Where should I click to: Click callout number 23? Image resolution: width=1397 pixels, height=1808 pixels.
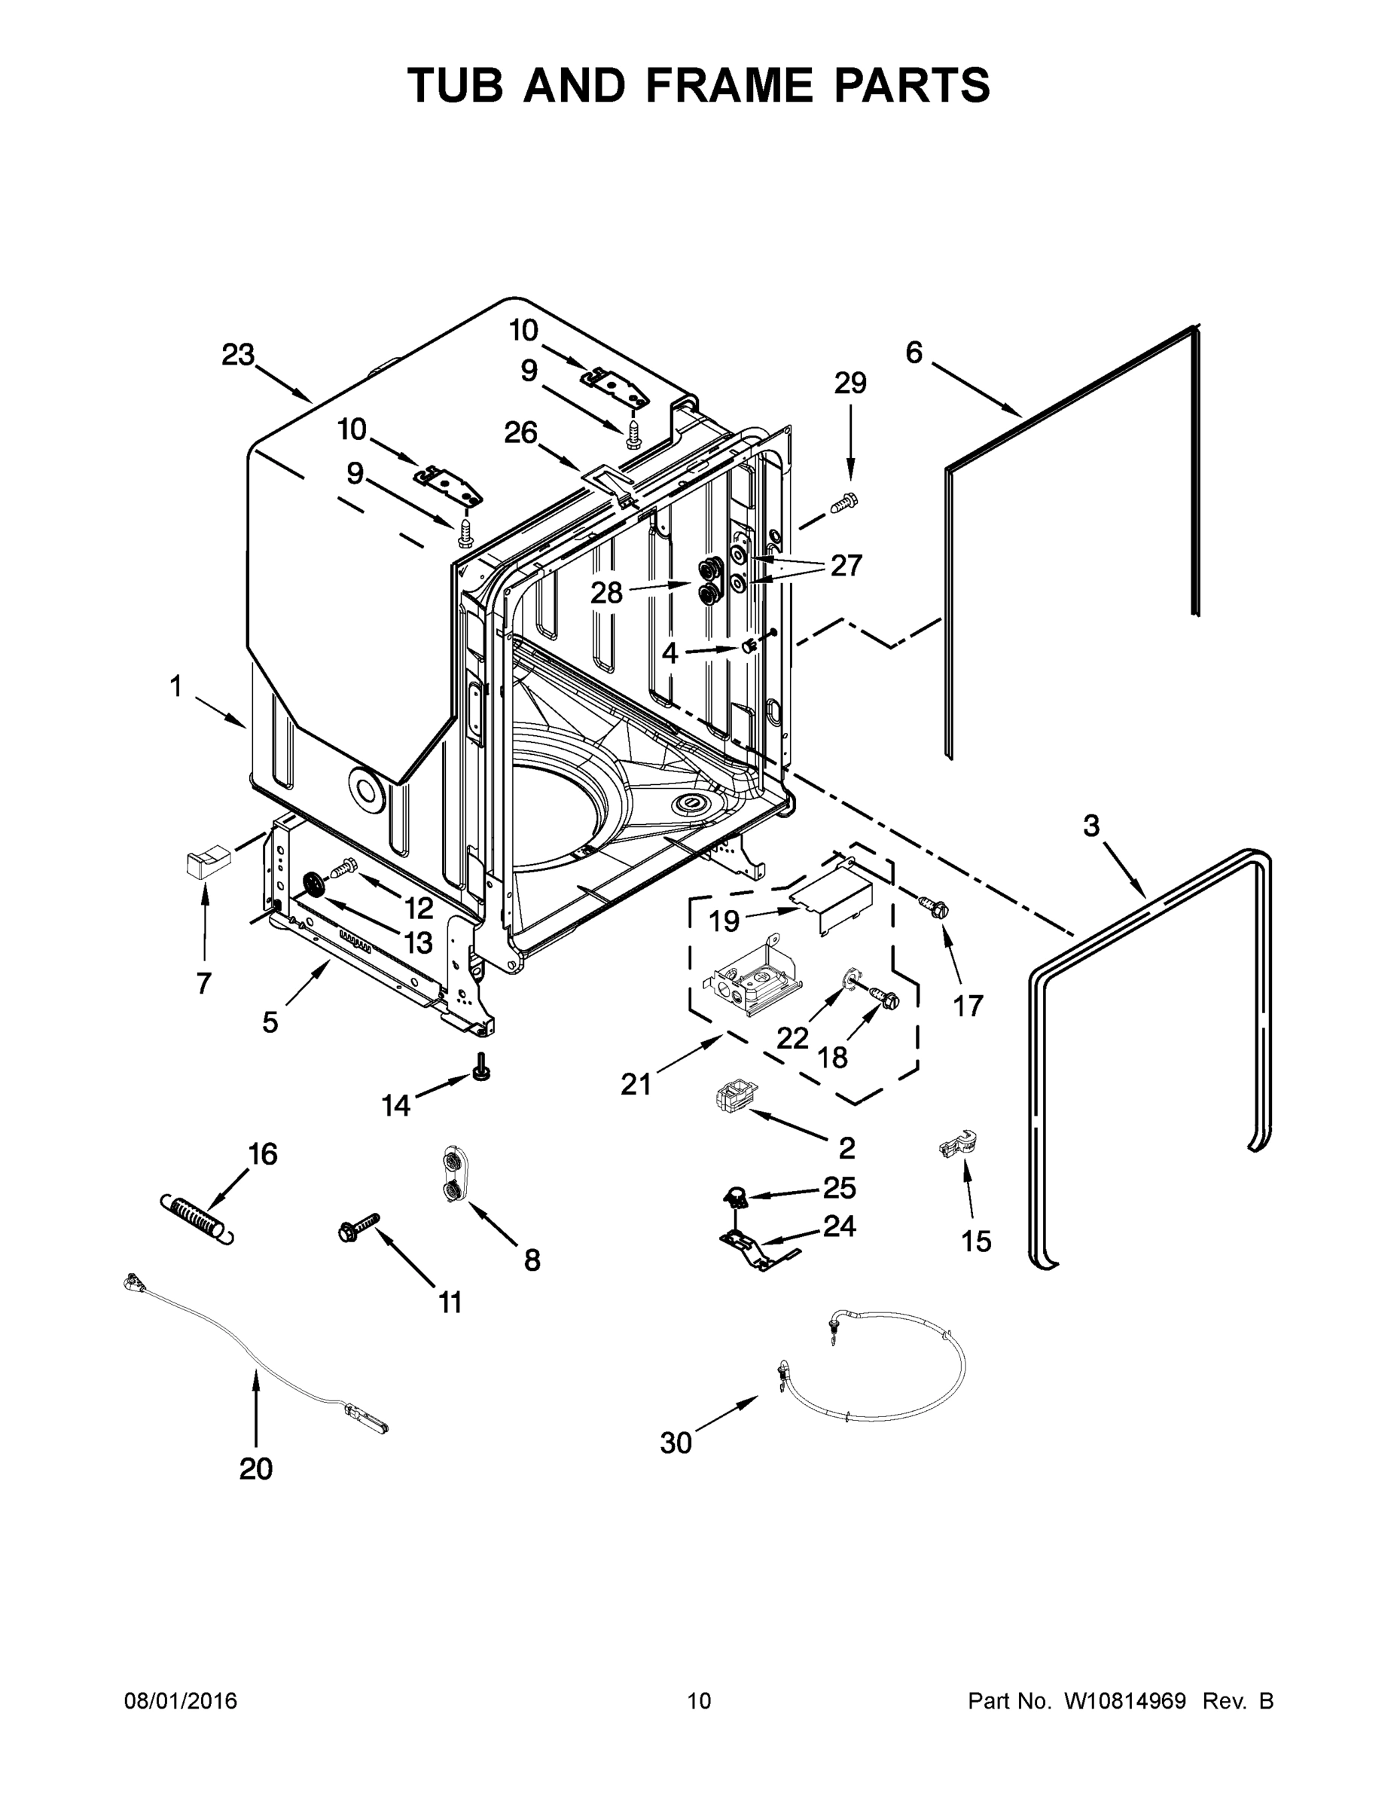[x=238, y=355]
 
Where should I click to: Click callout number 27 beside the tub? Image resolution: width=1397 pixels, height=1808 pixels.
[x=846, y=567]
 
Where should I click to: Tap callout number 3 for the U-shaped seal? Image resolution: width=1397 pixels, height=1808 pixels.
[x=1091, y=825]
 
